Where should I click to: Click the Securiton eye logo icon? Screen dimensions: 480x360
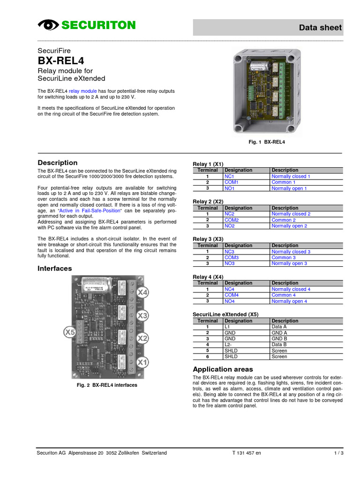pos(48,25)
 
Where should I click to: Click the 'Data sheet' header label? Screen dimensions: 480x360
pos(321,28)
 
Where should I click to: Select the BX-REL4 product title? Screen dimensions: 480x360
pos(61,60)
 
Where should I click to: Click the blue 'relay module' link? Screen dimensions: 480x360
pos(83,91)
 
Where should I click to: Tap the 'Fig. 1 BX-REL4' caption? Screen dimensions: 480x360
pos(266,142)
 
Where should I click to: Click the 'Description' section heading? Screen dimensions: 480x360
pos(58,163)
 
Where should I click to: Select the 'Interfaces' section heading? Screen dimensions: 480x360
pos(55,269)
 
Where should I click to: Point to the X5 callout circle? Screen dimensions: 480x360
pos(70,332)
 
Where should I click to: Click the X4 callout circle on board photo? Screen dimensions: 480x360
pos(142,293)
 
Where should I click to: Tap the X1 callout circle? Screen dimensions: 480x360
pos(142,362)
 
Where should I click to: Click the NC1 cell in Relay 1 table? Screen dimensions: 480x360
pos(229,176)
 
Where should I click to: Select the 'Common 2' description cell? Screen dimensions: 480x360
pos(284,220)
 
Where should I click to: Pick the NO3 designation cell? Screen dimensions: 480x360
pos(229,263)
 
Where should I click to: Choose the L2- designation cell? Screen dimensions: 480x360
pos(229,345)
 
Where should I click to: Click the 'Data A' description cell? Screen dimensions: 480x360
pos(279,327)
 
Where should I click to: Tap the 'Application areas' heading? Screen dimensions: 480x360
pos(223,369)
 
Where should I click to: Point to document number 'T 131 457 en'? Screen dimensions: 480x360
pos(247,453)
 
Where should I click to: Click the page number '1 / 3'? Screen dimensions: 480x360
pos(338,453)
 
